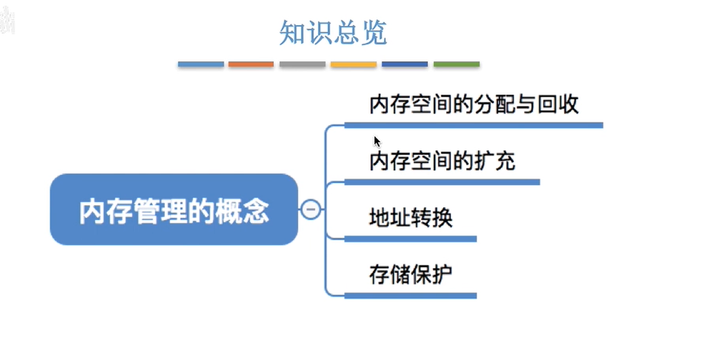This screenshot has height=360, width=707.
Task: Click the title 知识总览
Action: click(333, 33)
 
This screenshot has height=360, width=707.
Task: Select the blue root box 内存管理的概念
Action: click(174, 210)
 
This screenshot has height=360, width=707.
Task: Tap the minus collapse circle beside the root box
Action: click(311, 210)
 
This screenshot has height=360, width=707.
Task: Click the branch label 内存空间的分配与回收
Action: click(473, 104)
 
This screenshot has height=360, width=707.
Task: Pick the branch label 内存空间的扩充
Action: click(442, 161)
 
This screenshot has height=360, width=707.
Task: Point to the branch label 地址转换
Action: click(411, 218)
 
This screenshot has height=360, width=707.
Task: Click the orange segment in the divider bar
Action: click(251, 64)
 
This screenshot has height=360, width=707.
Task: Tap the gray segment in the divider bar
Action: click(302, 64)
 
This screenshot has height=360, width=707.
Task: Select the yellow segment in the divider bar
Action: click(353, 64)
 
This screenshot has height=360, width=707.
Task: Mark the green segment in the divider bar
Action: click(457, 64)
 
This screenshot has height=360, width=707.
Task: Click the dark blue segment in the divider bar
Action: click(405, 64)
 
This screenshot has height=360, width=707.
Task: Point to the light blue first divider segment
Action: click(201, 64)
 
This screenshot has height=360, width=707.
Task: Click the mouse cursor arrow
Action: click(376, 141)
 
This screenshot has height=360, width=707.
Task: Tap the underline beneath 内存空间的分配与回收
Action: click(473, 125)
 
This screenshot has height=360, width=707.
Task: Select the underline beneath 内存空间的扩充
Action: click(442, 182)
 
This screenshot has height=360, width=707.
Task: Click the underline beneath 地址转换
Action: click(410, 239)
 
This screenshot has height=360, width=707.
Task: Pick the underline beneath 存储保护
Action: click(410, 296)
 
